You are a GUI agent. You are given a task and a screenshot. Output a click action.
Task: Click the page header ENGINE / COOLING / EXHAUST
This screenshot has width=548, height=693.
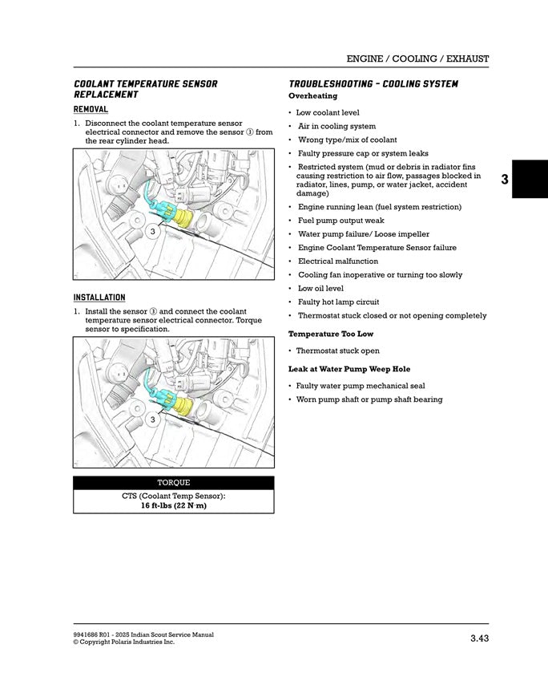(x=417, y=59)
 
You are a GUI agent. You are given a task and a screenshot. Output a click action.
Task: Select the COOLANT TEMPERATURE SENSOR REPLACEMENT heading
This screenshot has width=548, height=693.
(x=145, y=89)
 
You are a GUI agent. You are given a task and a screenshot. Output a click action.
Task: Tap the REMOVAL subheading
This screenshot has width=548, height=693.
(x=91, y=109)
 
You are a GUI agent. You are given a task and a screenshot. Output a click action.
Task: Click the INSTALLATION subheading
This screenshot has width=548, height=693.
(x=99, y=297)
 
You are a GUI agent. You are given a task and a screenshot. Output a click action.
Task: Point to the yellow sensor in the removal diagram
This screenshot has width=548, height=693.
(x=184, y=218)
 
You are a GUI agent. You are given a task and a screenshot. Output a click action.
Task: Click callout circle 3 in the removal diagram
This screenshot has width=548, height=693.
(x=151, y=232)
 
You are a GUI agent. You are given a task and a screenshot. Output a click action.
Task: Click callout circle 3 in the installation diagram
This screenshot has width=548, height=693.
(x=151, y=419)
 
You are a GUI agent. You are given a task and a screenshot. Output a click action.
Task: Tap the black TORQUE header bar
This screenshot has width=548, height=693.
(x=173, y=483)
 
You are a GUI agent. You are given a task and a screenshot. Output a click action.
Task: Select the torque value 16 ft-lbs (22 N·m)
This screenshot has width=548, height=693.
(x=173, y=506)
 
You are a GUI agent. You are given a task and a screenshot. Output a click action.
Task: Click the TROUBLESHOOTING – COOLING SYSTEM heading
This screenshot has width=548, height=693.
(x=373, y=84)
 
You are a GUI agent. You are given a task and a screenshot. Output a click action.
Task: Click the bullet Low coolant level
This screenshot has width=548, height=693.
(x=328, y=113)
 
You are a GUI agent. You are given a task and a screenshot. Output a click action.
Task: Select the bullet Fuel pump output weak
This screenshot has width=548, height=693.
(x=340, y=221)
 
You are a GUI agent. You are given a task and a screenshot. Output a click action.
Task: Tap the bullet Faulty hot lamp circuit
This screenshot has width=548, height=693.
(x=338, y=302)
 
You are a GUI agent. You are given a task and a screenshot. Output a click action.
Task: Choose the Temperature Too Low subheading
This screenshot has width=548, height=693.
(x=331, y=334)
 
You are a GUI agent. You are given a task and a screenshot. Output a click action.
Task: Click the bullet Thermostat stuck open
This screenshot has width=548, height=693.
(x=337, y=351)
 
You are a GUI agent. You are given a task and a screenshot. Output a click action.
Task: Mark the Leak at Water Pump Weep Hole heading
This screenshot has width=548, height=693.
(x=349, y=369)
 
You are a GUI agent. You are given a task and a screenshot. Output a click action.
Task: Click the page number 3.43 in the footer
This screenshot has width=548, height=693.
(x=479, y=638)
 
